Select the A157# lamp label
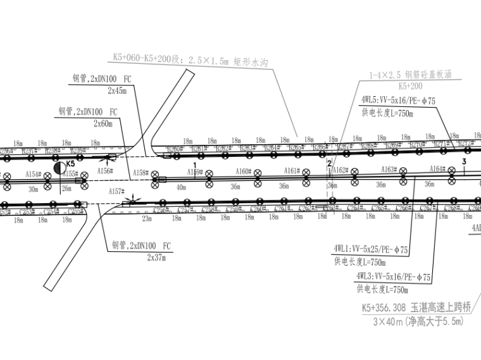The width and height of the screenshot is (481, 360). pos(116,190)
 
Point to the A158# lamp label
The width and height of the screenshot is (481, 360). pos(140,173)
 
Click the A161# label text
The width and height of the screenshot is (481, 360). pos(291,170)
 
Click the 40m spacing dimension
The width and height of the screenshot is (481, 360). pos(182,187)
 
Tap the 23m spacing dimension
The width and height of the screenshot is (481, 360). pos(147,218)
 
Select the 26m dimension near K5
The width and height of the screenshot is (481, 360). pos(66,188)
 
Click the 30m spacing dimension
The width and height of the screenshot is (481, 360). pos(32,188)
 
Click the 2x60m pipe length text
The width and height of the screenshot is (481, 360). pos(103,123)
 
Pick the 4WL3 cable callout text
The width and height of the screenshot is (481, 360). pos(393,276)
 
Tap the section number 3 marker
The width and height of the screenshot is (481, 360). pos(464,162)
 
